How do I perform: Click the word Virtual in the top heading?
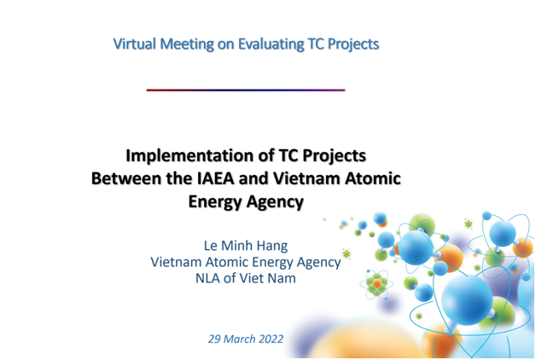[x=135, y=44]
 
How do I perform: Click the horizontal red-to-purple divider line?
[x=246, y=90]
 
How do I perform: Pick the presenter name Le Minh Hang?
[x=246, y=245]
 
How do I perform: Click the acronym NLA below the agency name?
[x=207, y=278]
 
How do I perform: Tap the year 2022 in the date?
[x=271, y=339]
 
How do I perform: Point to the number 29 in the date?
[x=213, y=339]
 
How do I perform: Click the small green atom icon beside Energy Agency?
[x=347, y=253]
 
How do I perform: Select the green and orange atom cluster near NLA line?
[x=376, y=284]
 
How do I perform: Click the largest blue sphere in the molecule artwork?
[x=466, y=299]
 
